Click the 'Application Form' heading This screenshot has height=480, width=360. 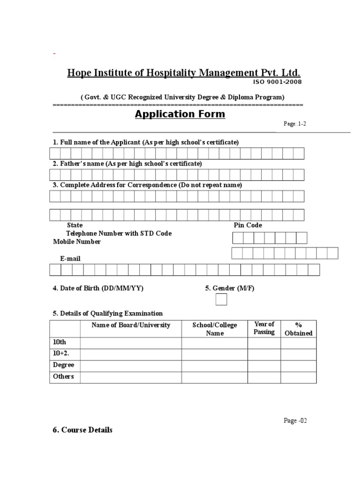pyautogui.click(x=180, y=114)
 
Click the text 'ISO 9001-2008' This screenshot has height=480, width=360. pyautogui.click(x=277, y=82)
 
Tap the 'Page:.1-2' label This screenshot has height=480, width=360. pyautogui.click(x=295, y=124)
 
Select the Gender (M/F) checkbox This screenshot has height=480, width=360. pyautogui.click(x=221, y=300)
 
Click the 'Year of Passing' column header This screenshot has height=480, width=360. pyautogui.click(x=264, y=328)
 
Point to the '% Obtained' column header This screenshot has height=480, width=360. pyautogui.click(x=299, y=329)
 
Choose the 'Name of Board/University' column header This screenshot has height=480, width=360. pyautogui.click(x=131, y=325)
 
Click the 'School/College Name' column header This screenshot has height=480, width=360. pyautogui.click(x=215, y=329)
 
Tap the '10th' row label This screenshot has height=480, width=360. pyautogui.click(x=60, y=343)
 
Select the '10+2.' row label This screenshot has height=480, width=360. pyautogui.click(x=61, y=353)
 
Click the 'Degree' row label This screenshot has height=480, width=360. pyautogui.click(x=63, y=365)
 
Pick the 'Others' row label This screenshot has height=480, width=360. pyautogui.click(x=63, y=376)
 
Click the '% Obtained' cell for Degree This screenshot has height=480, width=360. pyautogui.click(x=299, y=366)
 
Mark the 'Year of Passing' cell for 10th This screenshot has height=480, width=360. pyautogui.click(x=264, y=343)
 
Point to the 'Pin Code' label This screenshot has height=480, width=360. pyautogui.click(x=248, y=225)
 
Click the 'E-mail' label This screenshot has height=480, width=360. pyautogui.click(x=70, y=258)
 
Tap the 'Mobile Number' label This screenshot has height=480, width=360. pyautogui.click(x=76, y=242)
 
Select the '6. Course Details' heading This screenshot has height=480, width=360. pyautogui.click(x=82, y=430)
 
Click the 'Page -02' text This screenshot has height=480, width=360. pyautogui.click(x=295, y=420)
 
